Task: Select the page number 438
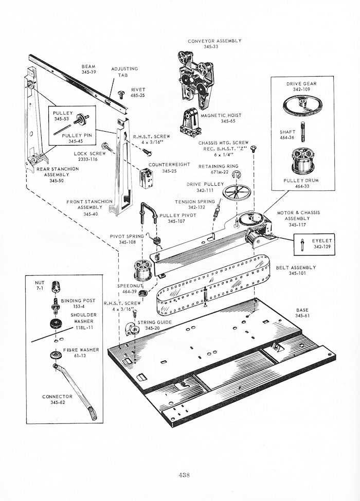(179, 474)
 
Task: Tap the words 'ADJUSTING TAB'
(124, 71)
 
